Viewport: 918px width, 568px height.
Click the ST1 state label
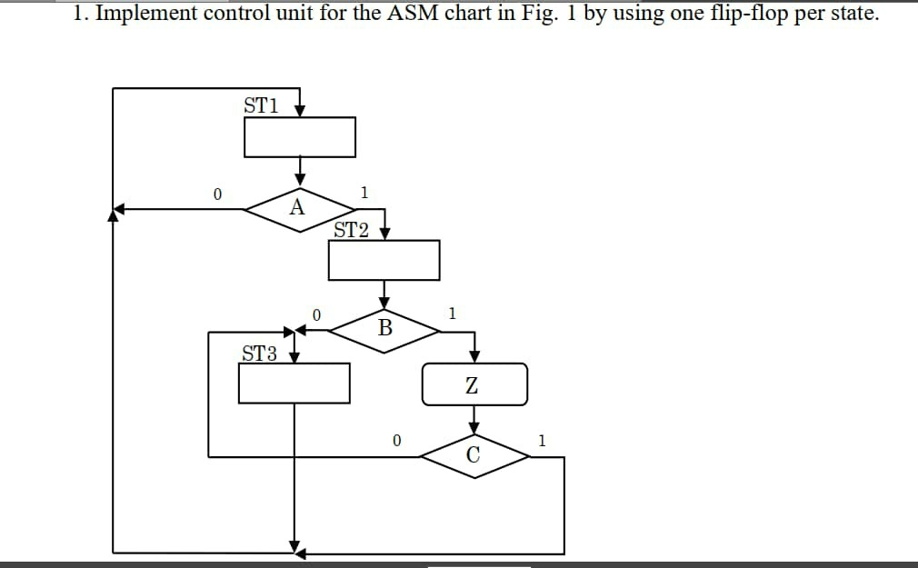tap(260, 105)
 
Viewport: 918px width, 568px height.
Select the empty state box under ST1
tap(299, 137)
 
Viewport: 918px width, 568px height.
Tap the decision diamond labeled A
tap(298, 209)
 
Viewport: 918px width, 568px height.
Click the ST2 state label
tap(351, 230)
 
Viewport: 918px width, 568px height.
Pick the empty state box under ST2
tap(384, 261)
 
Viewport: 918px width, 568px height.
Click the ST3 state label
tap(259, 354)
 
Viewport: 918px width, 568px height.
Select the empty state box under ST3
tap(294, 383)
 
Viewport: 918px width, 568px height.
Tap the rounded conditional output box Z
tap(474, 384)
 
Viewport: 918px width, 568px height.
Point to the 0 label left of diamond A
tap(216, 194)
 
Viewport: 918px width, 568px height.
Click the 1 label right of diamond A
tap(364, 192)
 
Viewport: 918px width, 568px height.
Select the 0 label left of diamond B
tap(315, 314)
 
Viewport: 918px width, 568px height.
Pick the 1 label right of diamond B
tap(452, 314)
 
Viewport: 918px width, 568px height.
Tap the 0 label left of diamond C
tap(396, 441)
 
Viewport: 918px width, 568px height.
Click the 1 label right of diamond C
tap(542, 442)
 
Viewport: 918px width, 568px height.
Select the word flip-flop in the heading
tap(743, 15)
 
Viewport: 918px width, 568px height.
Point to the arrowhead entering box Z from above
tap(474, 356)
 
